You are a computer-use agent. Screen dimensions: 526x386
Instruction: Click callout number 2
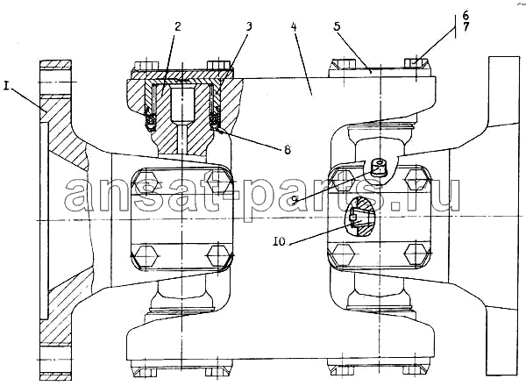178,25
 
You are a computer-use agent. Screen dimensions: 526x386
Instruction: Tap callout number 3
249,25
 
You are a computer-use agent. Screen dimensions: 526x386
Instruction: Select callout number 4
294,26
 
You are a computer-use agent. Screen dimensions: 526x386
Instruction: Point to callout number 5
338,25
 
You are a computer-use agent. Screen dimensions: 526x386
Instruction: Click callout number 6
466,15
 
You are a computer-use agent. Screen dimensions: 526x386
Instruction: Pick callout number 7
466,27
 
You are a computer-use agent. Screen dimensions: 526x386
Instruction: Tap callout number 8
288,149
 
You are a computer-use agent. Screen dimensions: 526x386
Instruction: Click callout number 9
295,200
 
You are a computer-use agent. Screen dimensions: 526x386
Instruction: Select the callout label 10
280,241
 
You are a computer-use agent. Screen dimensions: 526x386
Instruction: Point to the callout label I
6,86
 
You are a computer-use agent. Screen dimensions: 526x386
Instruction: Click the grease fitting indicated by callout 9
380,168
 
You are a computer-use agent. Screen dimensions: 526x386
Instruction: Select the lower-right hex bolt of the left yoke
218,256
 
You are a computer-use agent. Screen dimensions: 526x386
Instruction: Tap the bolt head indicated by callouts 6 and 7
416,63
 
